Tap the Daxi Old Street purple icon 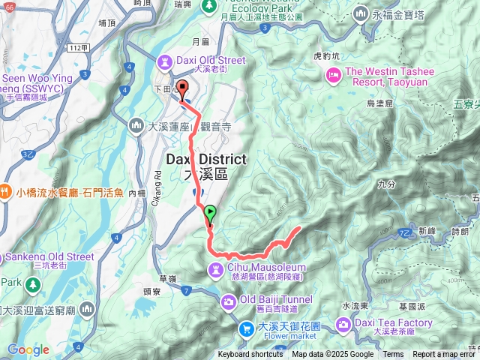click(165, 60)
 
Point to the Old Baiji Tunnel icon click(229, 301)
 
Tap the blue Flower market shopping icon click(245, 328)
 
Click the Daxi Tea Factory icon click(343, 323)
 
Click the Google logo click(28, 349)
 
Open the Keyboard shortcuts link click(250, 355)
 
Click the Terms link click(393, 355)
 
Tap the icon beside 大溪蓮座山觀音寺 click(136, 124)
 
